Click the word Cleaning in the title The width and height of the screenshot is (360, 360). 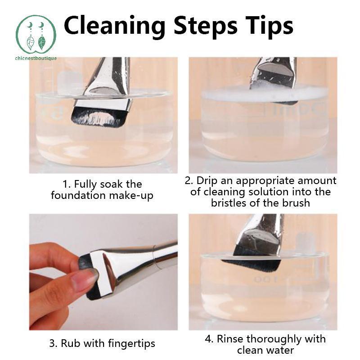click(x=115, y=27)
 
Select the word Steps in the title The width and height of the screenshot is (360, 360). click(x=206, y=27)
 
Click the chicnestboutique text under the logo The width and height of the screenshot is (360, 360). click(x=36, y=58)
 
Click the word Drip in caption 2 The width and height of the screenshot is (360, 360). click(x=207, y=180)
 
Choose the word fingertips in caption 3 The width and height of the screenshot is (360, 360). click(x=131, y=344)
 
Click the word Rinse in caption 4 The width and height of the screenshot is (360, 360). click(x=230, y=339)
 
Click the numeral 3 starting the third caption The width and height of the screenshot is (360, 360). click(x=52, y=344)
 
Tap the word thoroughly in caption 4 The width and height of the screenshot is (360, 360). click(x=273, y=340)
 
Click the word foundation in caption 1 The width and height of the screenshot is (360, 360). click(x=78, y=195)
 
